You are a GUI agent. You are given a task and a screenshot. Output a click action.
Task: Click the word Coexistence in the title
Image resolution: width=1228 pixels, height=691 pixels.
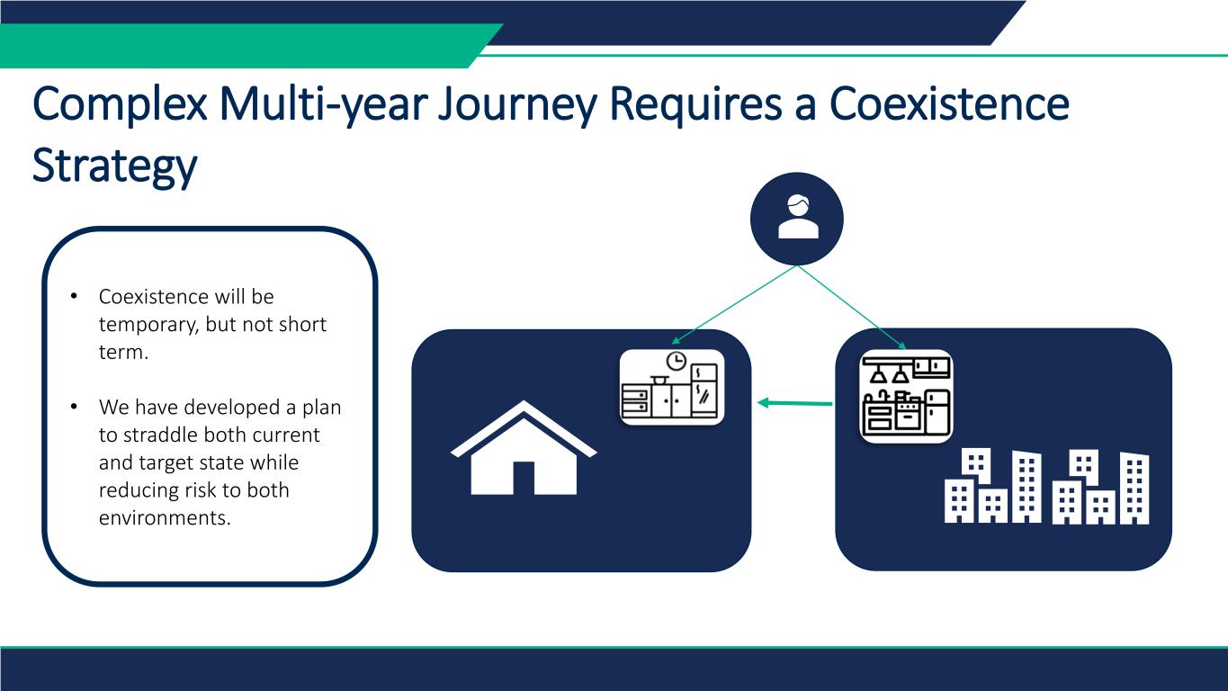[949, 103]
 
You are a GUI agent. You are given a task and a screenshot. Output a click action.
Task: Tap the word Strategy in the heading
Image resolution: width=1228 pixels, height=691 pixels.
[114, 166]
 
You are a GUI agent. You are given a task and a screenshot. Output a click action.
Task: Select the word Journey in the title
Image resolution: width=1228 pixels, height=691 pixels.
[517, 106]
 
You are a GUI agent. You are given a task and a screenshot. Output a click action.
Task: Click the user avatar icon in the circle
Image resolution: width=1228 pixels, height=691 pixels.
[798, 217]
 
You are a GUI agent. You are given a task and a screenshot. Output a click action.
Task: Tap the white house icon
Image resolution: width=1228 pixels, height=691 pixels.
[524, 448]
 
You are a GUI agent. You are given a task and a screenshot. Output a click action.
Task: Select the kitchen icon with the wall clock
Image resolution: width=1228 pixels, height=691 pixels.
[671, 387]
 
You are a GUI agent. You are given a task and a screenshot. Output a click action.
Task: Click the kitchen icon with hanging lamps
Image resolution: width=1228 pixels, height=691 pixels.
[906, 396]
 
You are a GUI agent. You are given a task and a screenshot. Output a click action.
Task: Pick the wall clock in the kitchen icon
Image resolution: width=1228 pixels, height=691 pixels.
[676, 362]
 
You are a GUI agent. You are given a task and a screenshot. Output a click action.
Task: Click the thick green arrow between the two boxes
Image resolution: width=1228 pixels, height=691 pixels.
[794, 403]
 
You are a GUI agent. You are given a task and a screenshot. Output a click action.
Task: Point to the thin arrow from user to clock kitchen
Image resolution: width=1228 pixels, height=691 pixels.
[734, 305]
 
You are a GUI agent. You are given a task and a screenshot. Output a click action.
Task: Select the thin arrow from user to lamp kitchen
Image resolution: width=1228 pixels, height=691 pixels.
[852, 307]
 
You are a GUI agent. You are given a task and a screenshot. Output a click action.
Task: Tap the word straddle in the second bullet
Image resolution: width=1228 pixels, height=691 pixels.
[164, 435]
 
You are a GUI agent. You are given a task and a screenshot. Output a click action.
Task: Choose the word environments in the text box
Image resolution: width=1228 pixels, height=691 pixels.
[165, 517]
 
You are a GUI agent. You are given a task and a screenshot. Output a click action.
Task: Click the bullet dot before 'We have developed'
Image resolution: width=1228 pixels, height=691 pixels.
[74, 407]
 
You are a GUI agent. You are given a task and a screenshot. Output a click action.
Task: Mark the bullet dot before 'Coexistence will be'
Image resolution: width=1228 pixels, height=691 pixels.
[74, 296]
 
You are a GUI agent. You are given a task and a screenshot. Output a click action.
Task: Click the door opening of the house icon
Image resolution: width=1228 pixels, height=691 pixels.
[524, 479]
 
